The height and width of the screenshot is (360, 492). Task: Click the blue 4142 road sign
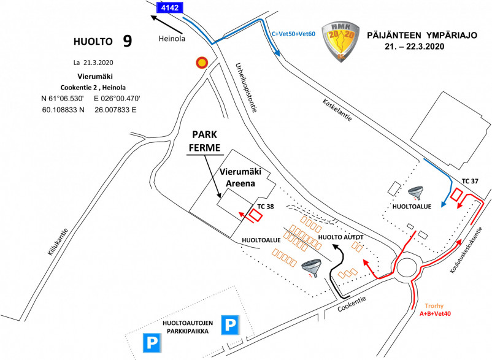[170, 7]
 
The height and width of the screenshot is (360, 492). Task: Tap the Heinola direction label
[172, 39]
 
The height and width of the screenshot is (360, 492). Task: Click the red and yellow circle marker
[202, 63]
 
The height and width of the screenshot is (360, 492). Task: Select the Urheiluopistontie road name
[247, 88]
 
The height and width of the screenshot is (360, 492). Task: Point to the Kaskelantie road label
[337, 110]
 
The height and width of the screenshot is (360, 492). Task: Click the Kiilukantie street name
[58, 242]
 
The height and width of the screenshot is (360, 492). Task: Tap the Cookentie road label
[352, 304]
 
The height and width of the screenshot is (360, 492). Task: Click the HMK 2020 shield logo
[341, 41]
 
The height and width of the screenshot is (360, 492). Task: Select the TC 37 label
[470, 181]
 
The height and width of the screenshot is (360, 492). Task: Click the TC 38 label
[266, 206]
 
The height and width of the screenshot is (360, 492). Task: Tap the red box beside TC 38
[256, 215]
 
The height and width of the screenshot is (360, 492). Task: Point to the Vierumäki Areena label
[240, 177]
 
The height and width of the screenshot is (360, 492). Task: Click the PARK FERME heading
[204, 141]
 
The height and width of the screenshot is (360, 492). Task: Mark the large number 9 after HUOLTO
[127, 40]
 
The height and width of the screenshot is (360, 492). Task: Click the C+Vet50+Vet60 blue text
[293, 34]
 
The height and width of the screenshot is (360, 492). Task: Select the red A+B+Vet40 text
[435, 313]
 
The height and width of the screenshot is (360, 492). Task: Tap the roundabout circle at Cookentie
[407, 267]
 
